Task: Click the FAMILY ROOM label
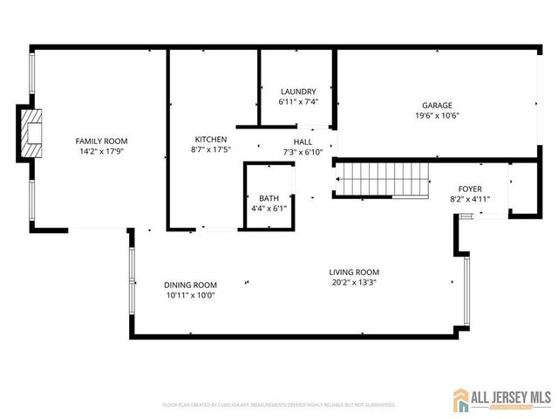101,141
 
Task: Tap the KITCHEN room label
210,139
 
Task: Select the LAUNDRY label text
297,92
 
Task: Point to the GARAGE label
437,105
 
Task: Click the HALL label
303,141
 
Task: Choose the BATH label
268,198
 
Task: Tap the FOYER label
470,188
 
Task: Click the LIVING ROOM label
354,271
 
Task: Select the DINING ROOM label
190,285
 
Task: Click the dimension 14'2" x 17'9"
101,152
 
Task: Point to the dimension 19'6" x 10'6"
437,115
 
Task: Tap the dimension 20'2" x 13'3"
354,282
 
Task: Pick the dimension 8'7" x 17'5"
210,149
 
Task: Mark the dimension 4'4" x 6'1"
268,209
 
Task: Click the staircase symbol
384,180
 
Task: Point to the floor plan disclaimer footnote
279,405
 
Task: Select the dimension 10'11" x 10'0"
190,295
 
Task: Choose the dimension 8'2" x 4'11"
470,198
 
